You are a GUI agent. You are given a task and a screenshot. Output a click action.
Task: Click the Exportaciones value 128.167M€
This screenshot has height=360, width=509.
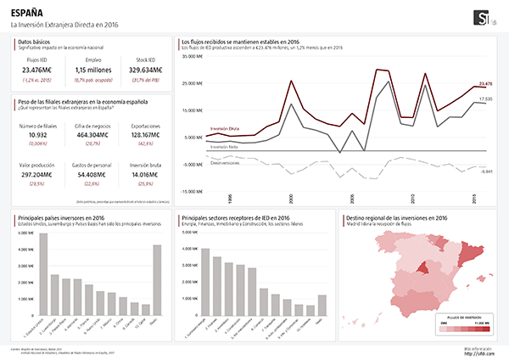(146, 135)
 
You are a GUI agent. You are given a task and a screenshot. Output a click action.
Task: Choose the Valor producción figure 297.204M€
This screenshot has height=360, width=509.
(37, 173)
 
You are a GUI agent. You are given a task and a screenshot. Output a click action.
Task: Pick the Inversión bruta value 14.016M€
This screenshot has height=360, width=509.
(146, 173)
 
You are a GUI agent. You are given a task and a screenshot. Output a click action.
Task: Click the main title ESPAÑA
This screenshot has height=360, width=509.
(26, 13)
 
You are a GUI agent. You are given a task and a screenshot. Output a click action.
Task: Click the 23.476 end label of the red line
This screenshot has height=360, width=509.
(486, 83)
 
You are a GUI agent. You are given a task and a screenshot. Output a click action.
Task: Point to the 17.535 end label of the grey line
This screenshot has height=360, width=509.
(486, 98)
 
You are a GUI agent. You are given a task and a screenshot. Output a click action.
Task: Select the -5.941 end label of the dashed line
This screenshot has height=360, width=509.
(486, 171)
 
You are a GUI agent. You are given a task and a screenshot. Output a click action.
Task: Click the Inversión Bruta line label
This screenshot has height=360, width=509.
(224, 128)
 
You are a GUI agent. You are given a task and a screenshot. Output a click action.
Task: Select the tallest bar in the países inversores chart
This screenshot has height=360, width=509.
(43, 273)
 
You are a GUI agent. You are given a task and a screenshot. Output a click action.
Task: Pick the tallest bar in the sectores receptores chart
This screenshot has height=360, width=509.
(204, 280)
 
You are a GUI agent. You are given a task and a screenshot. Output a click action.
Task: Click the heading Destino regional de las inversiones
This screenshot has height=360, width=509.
(395, 218)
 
